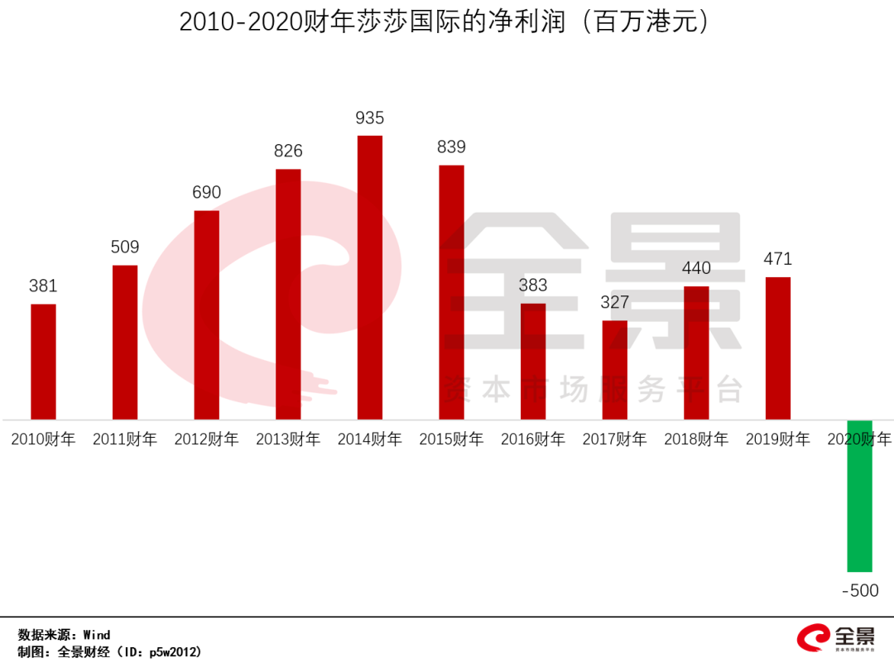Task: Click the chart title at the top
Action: [445, 22]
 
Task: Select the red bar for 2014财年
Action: [370, 277]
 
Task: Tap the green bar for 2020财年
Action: [859, 496]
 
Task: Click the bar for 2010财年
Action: [43, 362]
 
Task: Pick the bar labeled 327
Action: [614, 370]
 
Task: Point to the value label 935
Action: [370, 118]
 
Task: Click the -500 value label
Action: [860, 591]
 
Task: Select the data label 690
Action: [207, 193]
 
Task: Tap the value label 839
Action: [452, 147]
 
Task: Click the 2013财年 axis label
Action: [288, 440]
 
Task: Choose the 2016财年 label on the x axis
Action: [533, 440]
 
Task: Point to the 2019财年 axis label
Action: [778, 440]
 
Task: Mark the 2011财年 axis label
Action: [125, 440]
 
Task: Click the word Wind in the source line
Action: [97, 635]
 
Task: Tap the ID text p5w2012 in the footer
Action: [174, 651]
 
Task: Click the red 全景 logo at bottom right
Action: [836, 638]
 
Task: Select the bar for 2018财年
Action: [696, 353]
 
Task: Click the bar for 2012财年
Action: [207, 315]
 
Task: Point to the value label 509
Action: [125, 247]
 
